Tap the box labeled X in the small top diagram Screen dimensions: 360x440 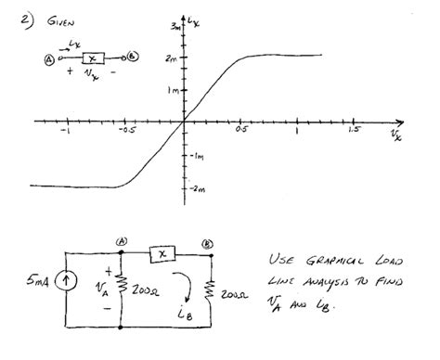click(x=90, y=58)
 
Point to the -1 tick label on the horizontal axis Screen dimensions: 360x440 click(x=66, y=132)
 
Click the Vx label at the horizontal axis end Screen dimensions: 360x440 click(x=396, y=135)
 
